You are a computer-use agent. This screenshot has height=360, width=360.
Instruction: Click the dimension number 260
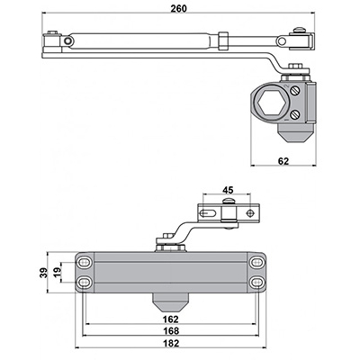[x=178, y=8]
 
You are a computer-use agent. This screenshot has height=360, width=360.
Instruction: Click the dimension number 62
[x=283, y=161]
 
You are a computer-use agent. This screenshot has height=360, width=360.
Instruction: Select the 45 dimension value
[x=229, y=190]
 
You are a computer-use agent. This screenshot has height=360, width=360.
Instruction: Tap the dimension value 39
[x=44, y=273]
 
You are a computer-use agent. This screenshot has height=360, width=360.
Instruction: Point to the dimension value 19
[x=57, y=272]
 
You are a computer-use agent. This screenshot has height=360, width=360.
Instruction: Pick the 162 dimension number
[x=171, y=319]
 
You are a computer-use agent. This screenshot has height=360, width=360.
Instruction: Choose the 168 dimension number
[x=171, y=331]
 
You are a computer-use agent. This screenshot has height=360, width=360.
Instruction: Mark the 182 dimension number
[x=171, y=343]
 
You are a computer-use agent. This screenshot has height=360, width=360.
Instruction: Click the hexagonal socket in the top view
[x=271, y=103]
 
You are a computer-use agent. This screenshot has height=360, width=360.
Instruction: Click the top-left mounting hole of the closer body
[x=85, y=263]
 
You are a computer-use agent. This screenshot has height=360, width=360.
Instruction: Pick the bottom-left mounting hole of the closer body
[x=85, y=282]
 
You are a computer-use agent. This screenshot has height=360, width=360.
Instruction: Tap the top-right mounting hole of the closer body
[x=256, y=263]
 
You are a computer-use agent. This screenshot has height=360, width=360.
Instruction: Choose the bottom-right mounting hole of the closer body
[x=256, y=282]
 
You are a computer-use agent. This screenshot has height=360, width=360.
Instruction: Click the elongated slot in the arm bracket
[x=208, y=213]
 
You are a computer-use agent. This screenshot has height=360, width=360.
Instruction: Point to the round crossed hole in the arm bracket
[x=249, y=213]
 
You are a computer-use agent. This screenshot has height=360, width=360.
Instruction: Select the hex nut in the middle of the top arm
[x=223, y=40]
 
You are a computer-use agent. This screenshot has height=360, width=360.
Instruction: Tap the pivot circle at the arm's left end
[x=68, y=40]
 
